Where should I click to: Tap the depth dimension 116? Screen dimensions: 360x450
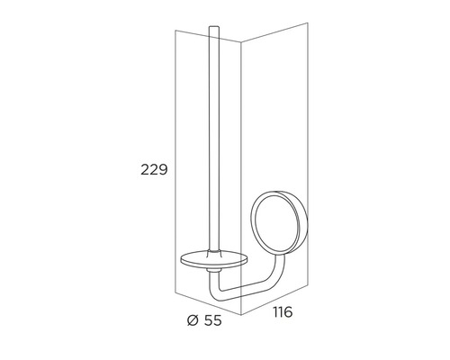click(x=283, y=313)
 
